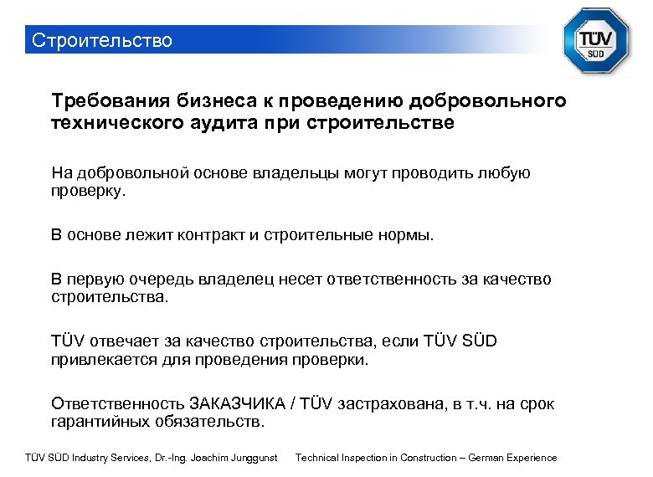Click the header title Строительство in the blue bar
click(x=101, y=40)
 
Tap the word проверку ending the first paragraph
click(x=88, y=191)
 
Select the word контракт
click(x=209, y=235)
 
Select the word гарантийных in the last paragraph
click(x=100, y=422)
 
